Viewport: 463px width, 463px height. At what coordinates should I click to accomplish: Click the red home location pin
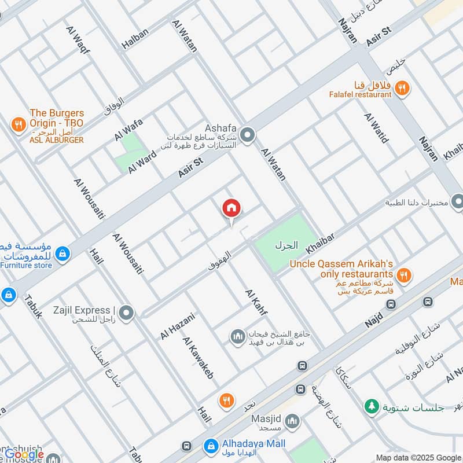point(231,208)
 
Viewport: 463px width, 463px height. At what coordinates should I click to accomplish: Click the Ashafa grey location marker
point(248,135)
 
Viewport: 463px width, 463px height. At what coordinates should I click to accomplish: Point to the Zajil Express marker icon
point(127,314)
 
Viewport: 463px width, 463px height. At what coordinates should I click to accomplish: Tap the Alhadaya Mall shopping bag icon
point(210,446)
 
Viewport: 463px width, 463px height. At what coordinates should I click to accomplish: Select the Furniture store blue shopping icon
point(63,253)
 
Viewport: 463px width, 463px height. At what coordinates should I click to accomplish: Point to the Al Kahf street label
point(256,304)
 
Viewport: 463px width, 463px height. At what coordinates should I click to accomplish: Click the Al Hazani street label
point(178,325)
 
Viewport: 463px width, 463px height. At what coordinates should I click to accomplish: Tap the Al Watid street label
point(376,128)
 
